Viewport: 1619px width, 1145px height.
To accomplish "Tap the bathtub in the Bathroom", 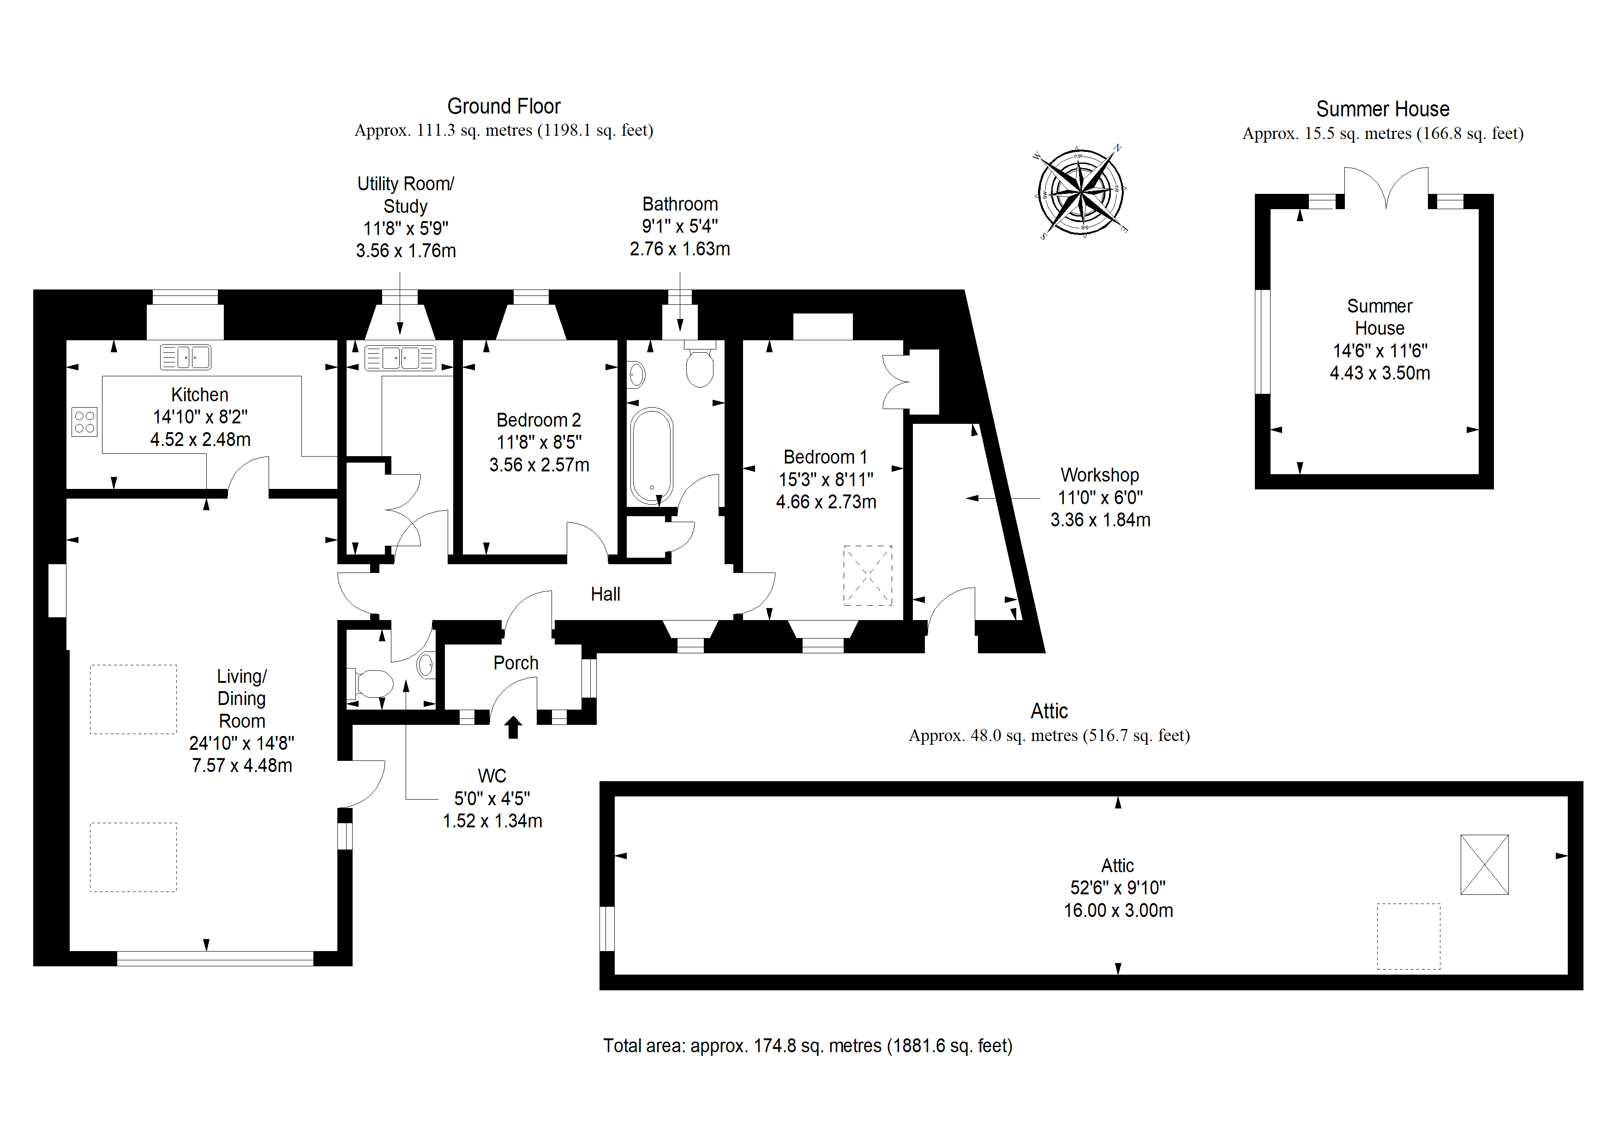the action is click(x=652, y=455).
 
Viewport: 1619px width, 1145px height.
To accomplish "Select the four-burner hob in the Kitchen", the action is click(x=84, y=422).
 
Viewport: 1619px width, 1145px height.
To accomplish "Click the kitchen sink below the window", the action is click(x=186, y=357).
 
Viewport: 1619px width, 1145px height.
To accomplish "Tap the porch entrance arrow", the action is click(x=513, y=727).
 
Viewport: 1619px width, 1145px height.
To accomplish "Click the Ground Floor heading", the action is click(x=504, y=107).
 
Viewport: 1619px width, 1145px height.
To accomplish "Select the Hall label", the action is click(x=605, y=594).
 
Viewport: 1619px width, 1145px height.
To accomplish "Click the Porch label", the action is click(x=516, y=663).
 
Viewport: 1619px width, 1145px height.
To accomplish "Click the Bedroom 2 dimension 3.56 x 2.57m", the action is click(x=540, y=465).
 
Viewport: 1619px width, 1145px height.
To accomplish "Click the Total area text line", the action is click(x=807, y=1046).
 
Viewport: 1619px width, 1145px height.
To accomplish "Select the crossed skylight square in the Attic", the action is click(x=1484, y=865).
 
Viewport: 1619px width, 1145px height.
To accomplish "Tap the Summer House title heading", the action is click(x=1383, y=109).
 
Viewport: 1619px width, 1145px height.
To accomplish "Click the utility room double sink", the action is click(x=400, y=358).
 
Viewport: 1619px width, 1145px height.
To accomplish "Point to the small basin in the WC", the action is click(x=426, y=664).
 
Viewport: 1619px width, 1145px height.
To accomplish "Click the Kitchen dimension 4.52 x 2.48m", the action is click(x=200, y=440).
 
